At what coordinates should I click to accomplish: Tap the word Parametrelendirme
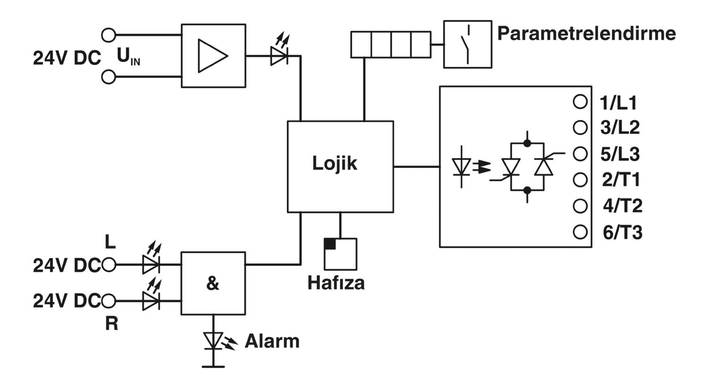pos(587,34)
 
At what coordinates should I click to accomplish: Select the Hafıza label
pos(336,282)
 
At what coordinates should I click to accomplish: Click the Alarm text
pos(272,341)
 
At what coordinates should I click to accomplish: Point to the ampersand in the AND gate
pos(213,283)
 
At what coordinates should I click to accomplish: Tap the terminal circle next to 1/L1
pos(580,102)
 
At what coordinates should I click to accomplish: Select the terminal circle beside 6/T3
pos(580,232)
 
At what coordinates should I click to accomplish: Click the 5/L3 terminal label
pos(620,154)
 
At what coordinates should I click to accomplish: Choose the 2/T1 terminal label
pos(621,180)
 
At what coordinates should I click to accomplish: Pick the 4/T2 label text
pos(623,206)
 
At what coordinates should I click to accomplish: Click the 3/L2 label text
pos(620,127)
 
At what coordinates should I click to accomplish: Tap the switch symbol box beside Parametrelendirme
pos(467,44)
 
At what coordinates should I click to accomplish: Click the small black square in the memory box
pos(330,244)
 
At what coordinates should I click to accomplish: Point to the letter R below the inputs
pos(112,324)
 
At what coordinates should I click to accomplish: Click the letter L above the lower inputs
pos(110,242)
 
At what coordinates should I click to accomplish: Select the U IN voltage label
pos(128,57)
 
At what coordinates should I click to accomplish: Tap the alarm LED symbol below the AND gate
pos(213,341)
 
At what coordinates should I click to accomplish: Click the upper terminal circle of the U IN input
pos(109,35)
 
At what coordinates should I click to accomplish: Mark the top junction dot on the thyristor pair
pos(527,143)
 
